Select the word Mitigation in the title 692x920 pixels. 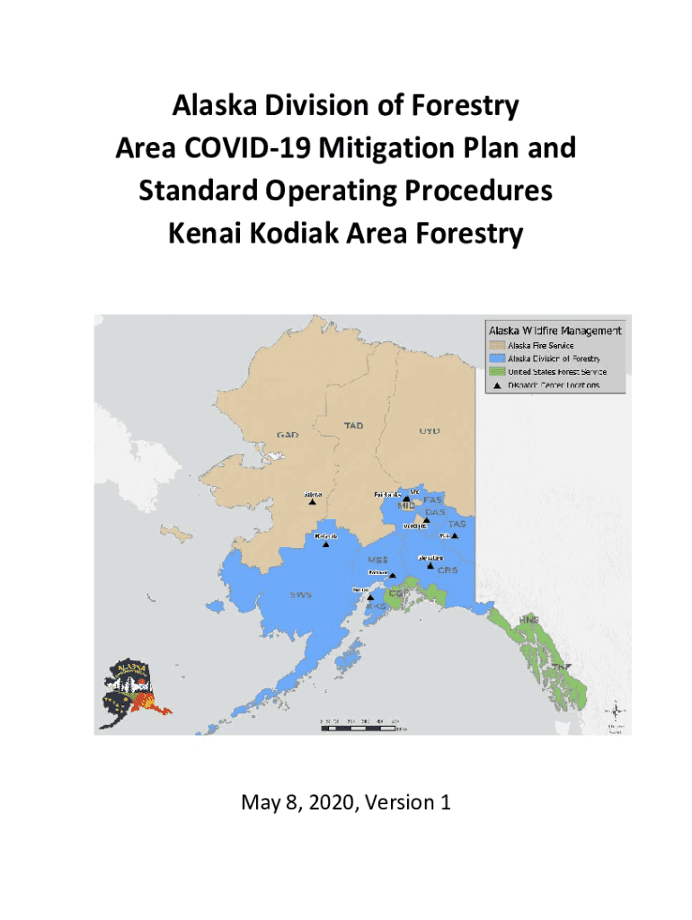tap(386, 148)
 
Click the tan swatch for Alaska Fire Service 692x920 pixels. tap(495, 344)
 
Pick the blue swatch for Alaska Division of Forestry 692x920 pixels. tap(495, 358)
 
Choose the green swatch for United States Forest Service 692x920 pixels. tap(495, 371)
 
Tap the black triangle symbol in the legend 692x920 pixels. tap(495, 385)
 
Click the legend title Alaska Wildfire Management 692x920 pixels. tap(554, 330)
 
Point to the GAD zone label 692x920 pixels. tap(287, 435)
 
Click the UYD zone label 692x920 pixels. tap(430, 430)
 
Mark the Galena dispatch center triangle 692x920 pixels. tap(313, 502)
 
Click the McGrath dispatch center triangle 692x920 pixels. tap(326, 544)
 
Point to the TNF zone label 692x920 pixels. tap(561, 667)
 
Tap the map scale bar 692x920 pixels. tap(364, 725)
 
